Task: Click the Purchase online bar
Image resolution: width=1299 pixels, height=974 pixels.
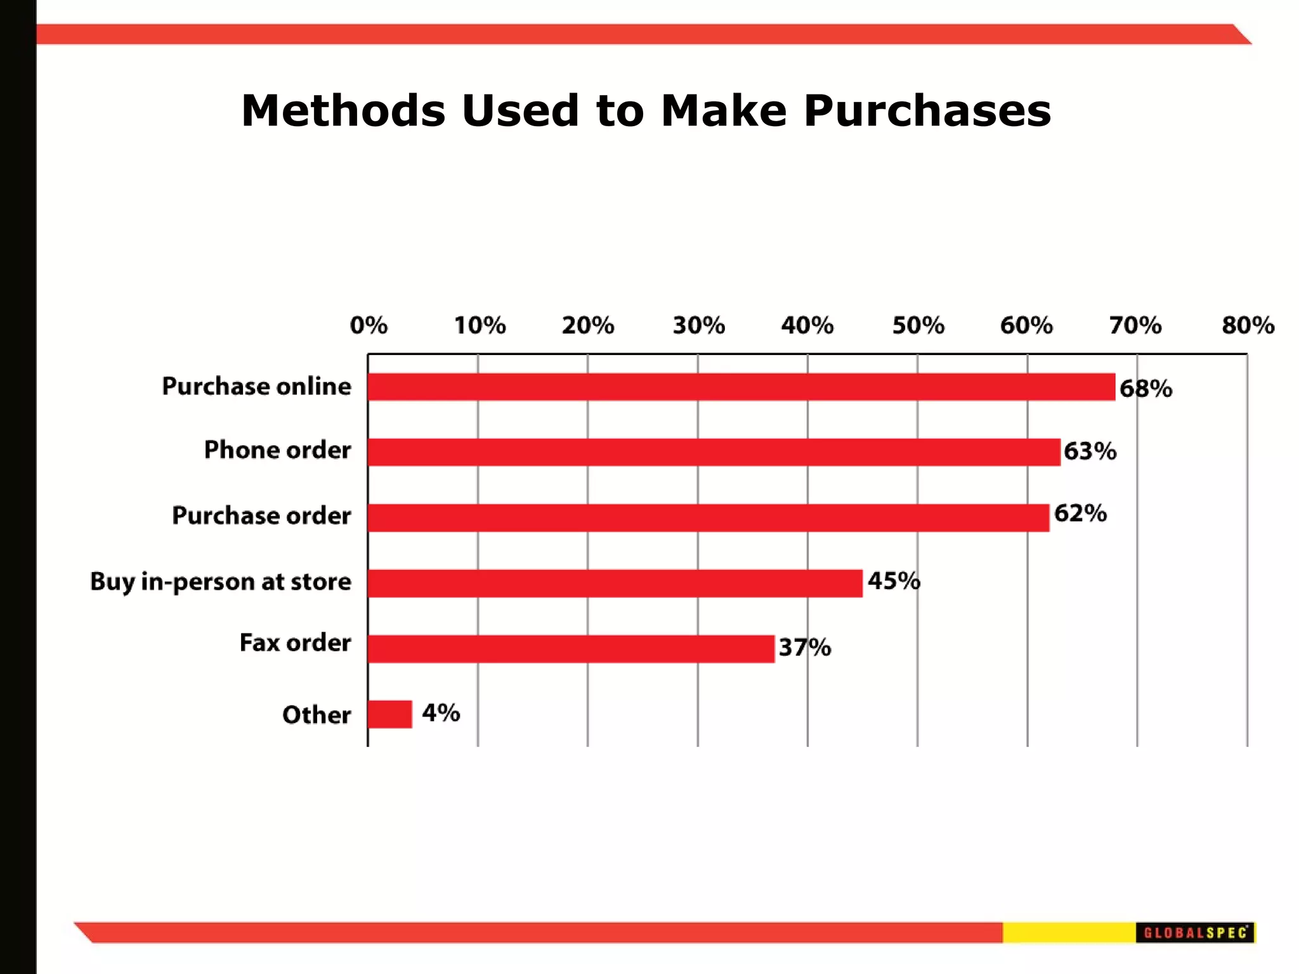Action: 741,387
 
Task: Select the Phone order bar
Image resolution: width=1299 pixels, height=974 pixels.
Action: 714,452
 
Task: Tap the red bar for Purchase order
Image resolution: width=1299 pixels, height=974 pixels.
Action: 708,517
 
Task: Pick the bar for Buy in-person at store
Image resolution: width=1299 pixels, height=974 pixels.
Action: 615,583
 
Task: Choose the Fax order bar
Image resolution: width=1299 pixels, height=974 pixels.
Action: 571,649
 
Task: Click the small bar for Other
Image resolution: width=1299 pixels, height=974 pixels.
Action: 389,714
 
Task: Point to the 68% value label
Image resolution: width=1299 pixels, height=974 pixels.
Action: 1146,389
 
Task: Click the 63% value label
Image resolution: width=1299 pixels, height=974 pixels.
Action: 1090,451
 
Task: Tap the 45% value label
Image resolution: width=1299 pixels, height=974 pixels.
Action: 894,580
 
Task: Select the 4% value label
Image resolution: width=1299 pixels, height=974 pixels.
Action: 441,713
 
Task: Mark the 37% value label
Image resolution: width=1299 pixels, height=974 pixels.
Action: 804,647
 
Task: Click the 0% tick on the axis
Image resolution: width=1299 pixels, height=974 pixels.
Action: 369,325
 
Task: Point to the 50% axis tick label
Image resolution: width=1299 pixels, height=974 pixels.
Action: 918,325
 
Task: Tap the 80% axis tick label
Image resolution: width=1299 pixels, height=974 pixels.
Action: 1248,325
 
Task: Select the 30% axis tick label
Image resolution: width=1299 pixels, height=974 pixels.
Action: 698,325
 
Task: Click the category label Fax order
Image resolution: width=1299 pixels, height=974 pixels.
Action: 295,643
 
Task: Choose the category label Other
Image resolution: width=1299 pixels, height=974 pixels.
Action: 316,715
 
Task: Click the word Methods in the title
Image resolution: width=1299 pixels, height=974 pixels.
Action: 343,111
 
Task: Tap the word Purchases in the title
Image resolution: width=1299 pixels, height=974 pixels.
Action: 927,111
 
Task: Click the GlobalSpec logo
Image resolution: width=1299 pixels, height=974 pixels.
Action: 1195,933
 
